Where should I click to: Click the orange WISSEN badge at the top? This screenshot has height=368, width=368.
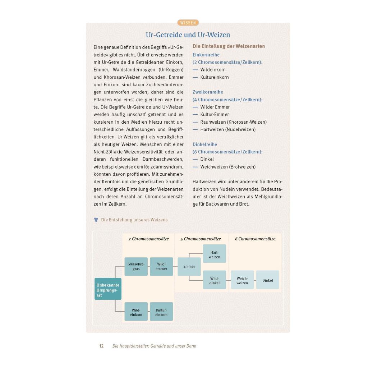point(188,23)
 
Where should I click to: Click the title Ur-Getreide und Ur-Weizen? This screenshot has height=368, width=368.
point(188,35)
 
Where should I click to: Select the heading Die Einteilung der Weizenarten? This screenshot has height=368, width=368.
point(229,46)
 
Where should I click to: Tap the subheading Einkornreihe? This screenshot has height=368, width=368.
point(206,55)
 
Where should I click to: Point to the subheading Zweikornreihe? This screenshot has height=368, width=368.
point(208,92)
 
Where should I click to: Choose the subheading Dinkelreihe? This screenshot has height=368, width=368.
point(205,144)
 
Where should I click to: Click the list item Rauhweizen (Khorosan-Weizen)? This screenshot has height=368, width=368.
point(233,122)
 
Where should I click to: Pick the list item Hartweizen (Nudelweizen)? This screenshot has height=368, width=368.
point(228,129)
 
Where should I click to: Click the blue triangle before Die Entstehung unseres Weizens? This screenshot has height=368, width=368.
point(96,220)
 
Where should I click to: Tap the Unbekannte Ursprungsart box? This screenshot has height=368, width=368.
point(108,289)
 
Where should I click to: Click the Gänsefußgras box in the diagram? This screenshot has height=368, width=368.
point(136,267)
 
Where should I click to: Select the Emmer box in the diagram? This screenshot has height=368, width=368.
point(189,267)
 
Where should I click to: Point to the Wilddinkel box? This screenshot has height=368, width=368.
point(215,280)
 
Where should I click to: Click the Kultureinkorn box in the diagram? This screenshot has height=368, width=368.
point(161,312)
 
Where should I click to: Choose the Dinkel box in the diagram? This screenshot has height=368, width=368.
point(267,280)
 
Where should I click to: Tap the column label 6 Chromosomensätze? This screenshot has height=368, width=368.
point(255,239)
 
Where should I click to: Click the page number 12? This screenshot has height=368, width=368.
point(102,346)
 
